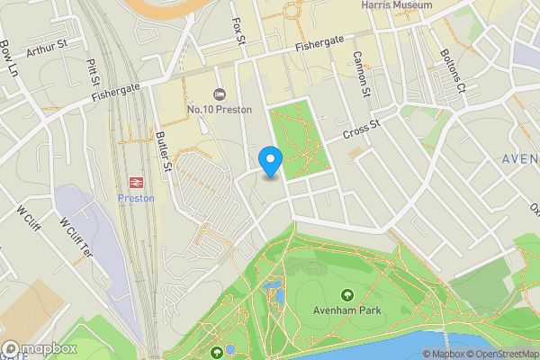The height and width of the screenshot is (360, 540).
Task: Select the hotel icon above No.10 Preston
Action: (219, 94)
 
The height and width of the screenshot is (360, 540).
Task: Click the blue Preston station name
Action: (136, 198)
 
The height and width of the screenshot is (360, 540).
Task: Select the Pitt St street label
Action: (92, 68)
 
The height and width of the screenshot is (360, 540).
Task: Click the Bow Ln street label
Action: (8, 58)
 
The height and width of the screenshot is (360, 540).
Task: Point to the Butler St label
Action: (164, 151)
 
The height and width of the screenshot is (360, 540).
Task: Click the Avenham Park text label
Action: (347, 310)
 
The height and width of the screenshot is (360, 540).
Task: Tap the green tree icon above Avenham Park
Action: (347, 294)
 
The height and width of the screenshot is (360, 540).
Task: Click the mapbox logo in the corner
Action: (38, 349)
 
